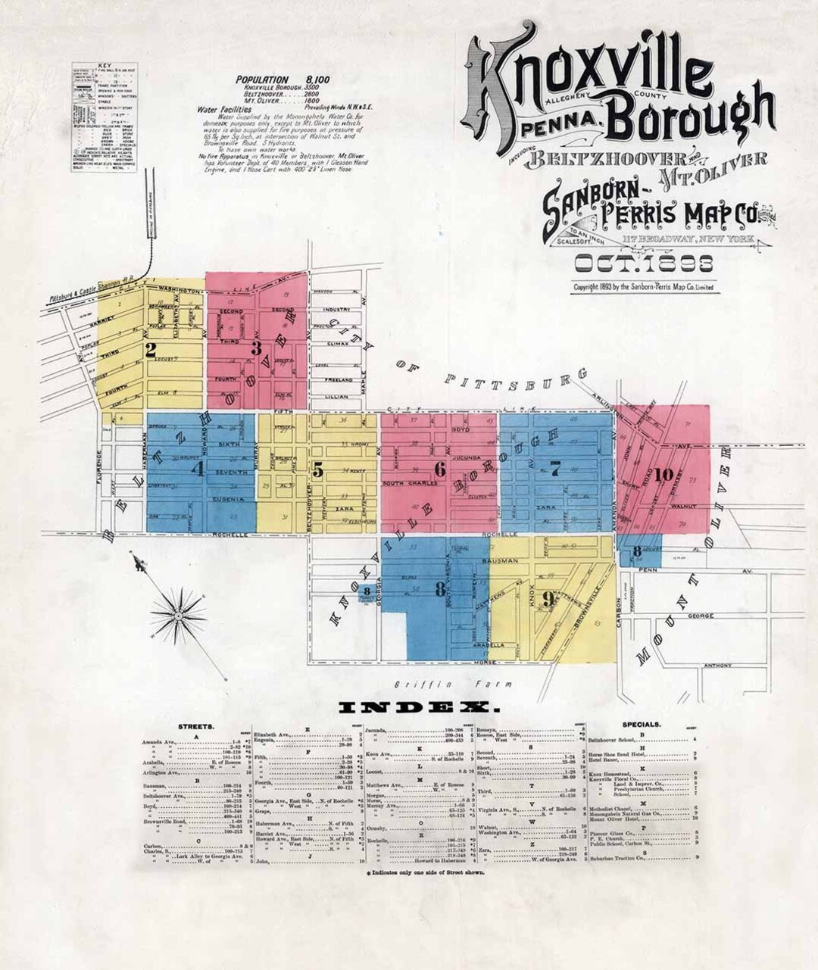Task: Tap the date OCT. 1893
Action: pyautogui.click(x=645, y=264)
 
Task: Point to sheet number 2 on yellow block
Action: pyautogui.click(x=151, y=349)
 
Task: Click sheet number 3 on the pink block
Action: pyautogui.click(x=258, y=348)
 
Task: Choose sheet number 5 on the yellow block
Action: pyautogui.click(x=318, y=470)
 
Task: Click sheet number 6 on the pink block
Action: pyautogui.click(x=439, y=469)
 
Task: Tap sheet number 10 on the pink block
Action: pyautogui.click(x=665, y=475)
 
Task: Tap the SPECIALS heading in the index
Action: pyautogui.click(x=641, y=724)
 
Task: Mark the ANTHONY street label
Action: pyautogui.click(x=717, y=666)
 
